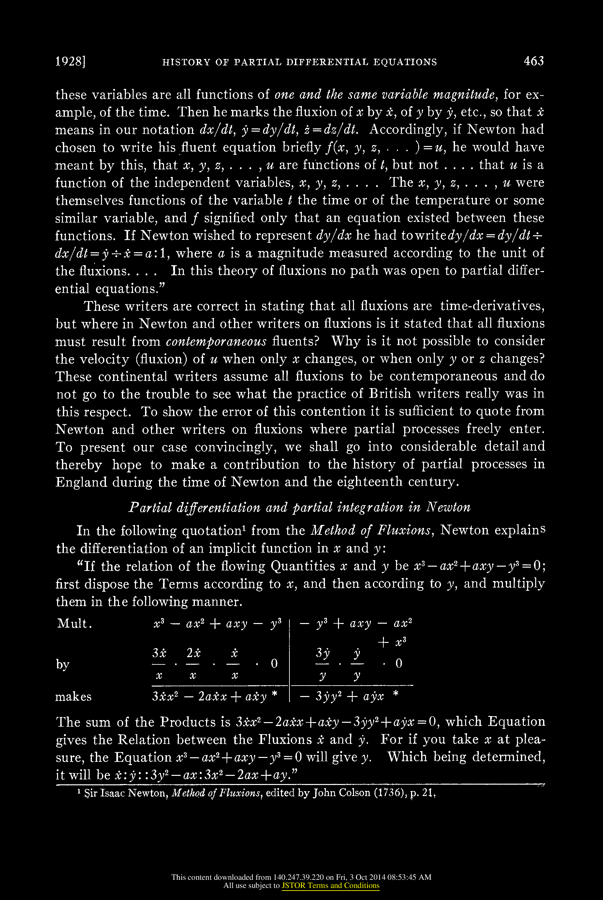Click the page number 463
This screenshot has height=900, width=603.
(x=534, y=61)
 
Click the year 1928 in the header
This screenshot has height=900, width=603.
(x=69, y=62)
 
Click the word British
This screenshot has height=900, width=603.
(x=390, y=394)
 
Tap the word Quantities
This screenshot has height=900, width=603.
(x=303, y=566)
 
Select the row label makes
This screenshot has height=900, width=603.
(x=73, y=697)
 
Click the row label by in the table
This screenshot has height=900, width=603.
(x=62, y=664)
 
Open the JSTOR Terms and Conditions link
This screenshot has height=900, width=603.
(x=330, y=886)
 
